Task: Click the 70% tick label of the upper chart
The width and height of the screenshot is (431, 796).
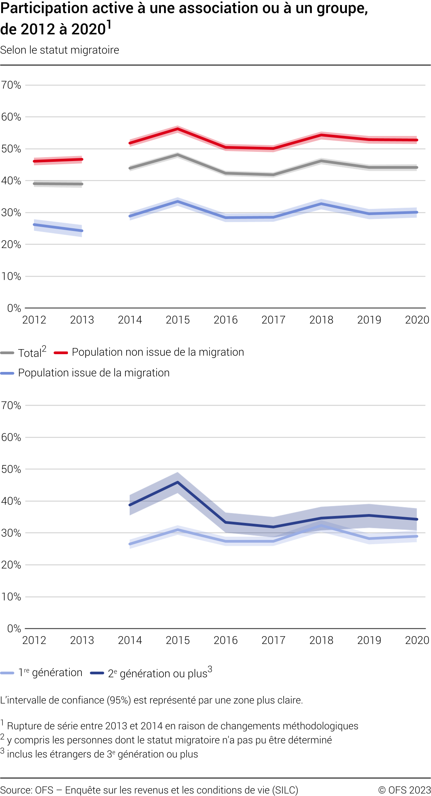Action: pyautogui.click(x=11, y=85)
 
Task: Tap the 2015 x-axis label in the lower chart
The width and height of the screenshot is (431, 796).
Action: pyautogui.click(x=178, y=640)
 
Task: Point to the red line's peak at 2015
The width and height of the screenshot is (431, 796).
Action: pyautogui.click(x=178, y=129)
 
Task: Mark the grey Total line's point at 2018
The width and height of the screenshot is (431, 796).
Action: pyautogui.click(x=321, y=161)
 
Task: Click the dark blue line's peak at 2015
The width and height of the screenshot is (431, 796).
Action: pyautogui.click(x=178, y=482)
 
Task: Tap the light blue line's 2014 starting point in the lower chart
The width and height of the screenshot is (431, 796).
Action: pyautogui.click(x=130, y=544)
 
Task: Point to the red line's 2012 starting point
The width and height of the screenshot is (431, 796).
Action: pyautogui.click(x=34, y=161)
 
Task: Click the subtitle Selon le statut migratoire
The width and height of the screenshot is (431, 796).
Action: pyautogui.click(x=60, y=50)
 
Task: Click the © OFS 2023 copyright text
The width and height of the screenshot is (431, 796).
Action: pyautogui.click(x=404, y=790)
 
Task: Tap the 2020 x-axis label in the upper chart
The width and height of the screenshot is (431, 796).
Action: pyautogui.click(x=417, y=320)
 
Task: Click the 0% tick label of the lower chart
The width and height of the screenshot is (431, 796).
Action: pyautogui.click(x=14, y=629)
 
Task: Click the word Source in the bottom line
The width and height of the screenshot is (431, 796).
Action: pyautogui.click(x=16, y=790)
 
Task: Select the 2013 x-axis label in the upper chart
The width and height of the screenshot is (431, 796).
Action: pyautogui.click(x=82, y=320)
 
